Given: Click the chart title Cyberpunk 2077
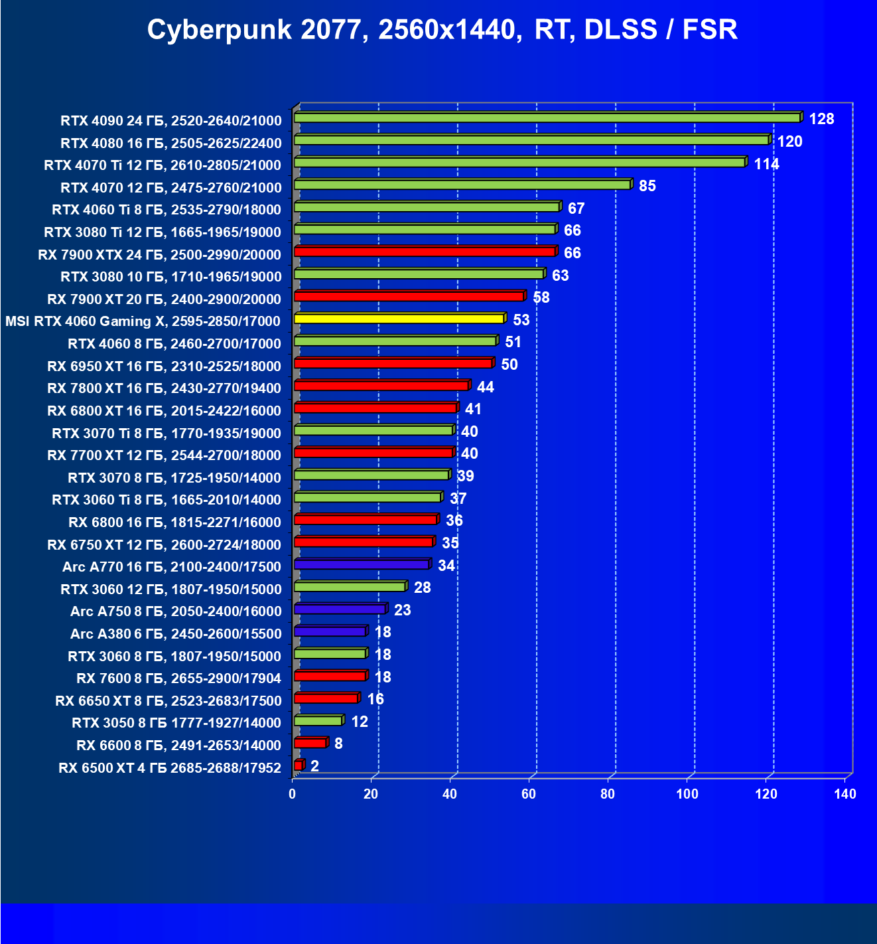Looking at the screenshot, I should [x=442, y=30].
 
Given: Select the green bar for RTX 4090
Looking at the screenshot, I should [x=547, y=118].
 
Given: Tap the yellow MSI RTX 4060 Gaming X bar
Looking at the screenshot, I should [x=399, y=319].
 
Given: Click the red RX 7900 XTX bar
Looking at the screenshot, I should [x=424, y=252].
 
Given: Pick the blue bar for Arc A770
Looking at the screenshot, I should [x=362, y=564].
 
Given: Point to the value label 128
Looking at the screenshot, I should [x=821, y=119].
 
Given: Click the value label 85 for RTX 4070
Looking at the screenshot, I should [x=647, y=186].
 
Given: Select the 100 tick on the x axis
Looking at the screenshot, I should [x=687, y=794].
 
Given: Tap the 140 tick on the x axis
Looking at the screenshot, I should [x=844, y=794].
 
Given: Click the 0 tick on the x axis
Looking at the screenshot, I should [x=293, y=794].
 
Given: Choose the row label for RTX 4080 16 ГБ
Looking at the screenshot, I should [x=171, y=143].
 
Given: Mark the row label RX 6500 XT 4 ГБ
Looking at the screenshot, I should [x=170, y=768].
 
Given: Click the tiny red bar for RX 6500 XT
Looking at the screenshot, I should [x=298, y=765].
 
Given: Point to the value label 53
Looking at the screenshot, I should [x=521, y=320].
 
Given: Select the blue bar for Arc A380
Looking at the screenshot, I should [x=330, y=631].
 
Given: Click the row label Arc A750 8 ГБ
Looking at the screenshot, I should [x=176, y=611].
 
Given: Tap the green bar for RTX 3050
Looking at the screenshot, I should [x=318, y=721].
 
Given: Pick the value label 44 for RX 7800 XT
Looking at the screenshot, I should [x=485, y=387].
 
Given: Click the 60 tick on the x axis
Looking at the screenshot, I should [x=529, y=794].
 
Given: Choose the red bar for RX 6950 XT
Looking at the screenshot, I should [x=393, y=363].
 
